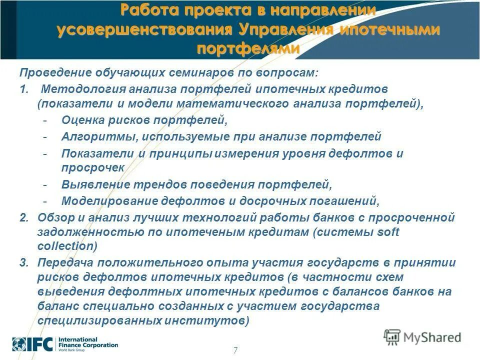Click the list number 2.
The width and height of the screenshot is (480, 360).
click(23, 217)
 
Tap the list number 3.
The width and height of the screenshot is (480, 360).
click(23, 263)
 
